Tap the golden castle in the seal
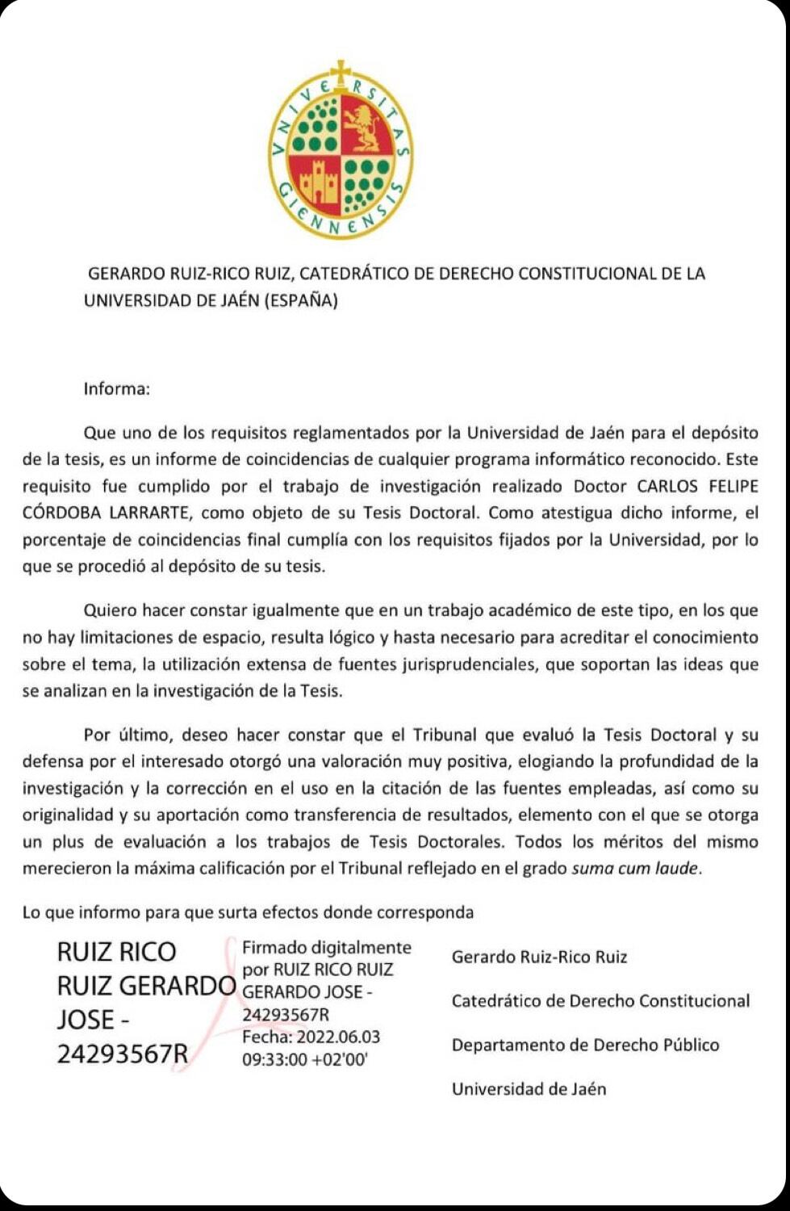(x=318, y=184)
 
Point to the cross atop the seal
(x=341, y=72)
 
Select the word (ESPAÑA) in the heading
(x=300, y=301)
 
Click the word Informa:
(x=117, y=388)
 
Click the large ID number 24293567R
(x=123, y=1054)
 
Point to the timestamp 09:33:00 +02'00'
(x=305, y=1059)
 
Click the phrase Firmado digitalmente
(x=327, y=948)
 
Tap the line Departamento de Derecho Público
(x=585, y=1045)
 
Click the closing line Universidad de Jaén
(x=529, y=1089)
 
